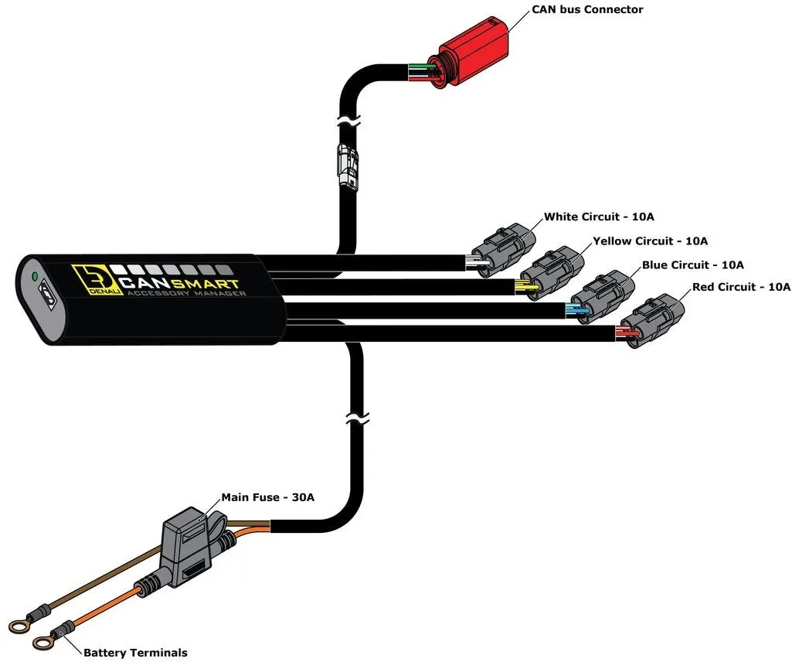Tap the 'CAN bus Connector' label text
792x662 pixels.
(587, 9)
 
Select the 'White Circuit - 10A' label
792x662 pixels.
(599, 217)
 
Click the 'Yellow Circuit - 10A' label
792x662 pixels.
(650, 241)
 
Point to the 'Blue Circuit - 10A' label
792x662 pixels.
(692, 265)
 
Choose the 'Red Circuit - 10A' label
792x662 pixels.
(741, 287)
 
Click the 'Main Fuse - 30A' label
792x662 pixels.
(267, 497)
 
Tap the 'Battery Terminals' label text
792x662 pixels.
(135, 653)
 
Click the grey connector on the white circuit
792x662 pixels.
(504, 250)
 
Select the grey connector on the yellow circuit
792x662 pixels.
(552, 273)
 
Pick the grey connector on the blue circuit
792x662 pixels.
(602, 298)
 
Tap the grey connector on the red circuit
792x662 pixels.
(653, 321)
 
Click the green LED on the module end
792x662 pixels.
(35, 277)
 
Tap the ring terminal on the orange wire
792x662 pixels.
(43, 643)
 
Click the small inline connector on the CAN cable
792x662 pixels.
(348, 165)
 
